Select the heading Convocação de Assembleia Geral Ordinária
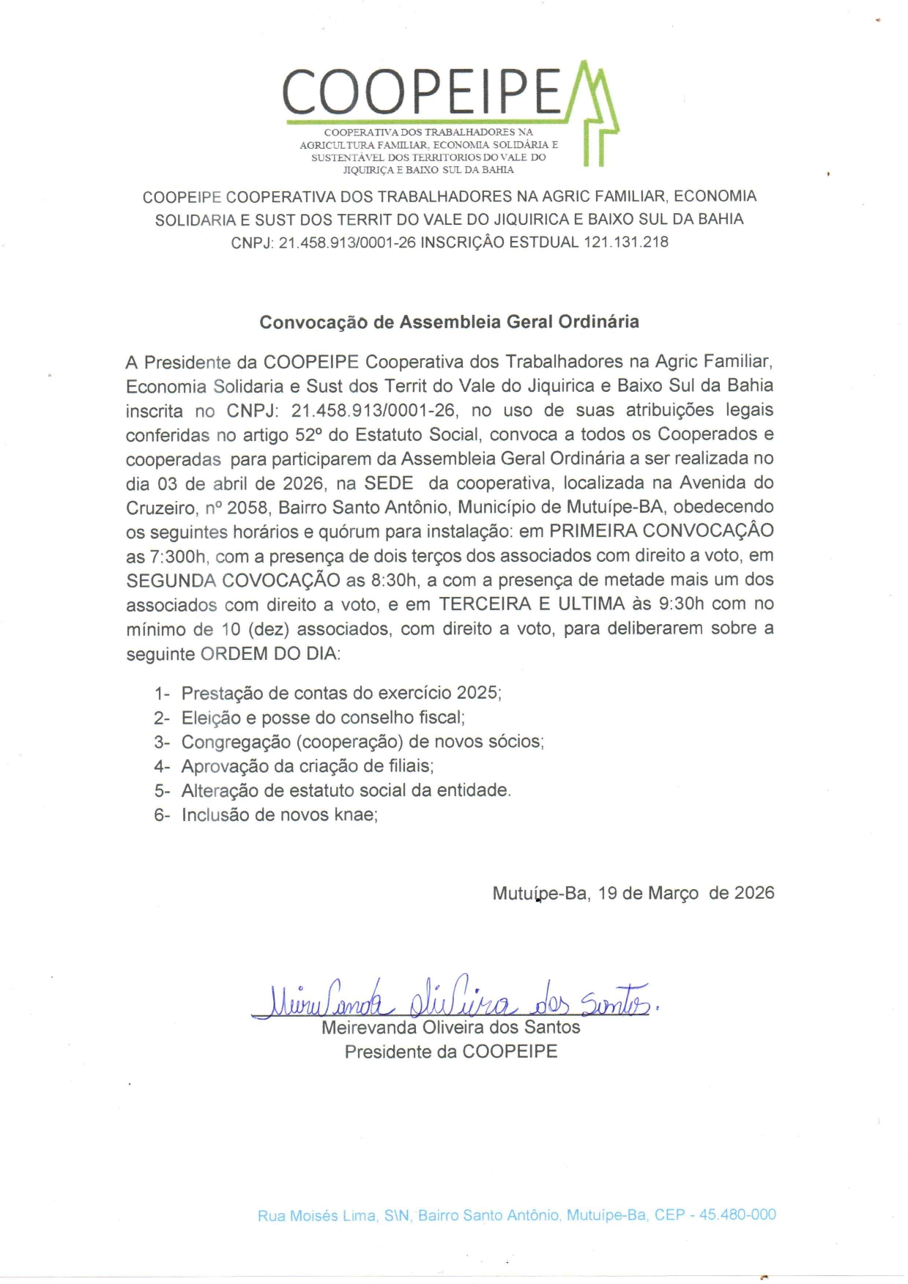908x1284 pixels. click(449, 322)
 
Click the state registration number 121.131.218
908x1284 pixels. click(625, 242)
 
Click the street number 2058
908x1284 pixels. click(248, 507)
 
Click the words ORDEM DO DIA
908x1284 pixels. click(269, 653)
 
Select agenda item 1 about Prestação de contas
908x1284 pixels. click(340, 693)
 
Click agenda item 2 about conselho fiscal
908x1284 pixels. click(322, 717)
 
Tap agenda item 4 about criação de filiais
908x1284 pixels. click(307, 766)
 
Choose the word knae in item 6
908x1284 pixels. click(354, 814)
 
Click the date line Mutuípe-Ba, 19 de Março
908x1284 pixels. click(633, 893)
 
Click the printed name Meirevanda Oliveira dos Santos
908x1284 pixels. click(450, 1028)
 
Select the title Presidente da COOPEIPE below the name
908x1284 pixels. click(450, 1052)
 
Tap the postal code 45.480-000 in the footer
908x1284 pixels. click(737, 1214)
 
